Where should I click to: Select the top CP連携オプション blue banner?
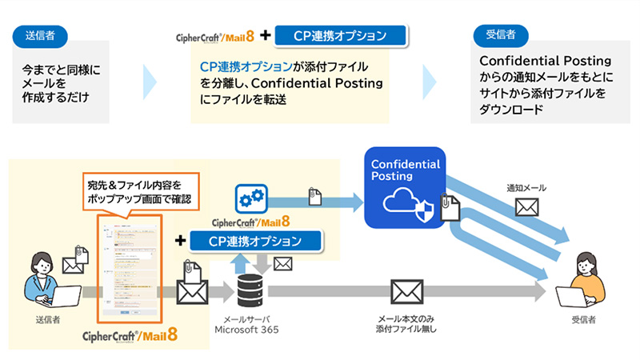pyautogui.click(x=341, y=36)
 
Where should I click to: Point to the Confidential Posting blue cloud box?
pyautogui.click(x=404, y=186)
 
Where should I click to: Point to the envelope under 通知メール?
pyautogui.click(x=526, y=208)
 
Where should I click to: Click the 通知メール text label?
pyautogui.click(x=526, y=188)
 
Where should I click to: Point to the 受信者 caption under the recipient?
pyautogui.click(x=585, y=320)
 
